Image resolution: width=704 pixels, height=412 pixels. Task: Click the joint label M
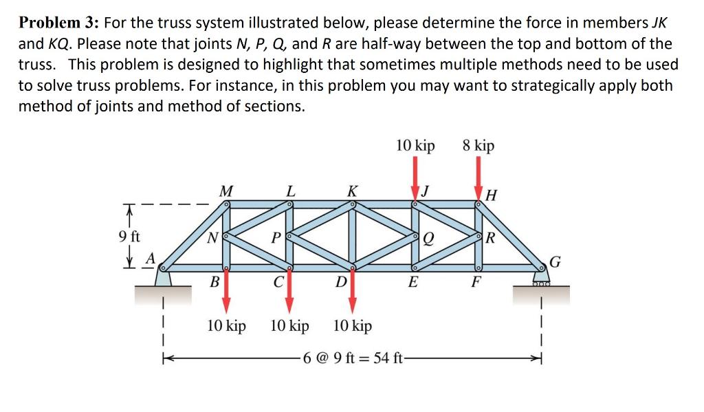(224, 190)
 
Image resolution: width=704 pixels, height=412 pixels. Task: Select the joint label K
(352, 190)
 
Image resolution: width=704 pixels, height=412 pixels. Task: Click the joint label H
(491, 195)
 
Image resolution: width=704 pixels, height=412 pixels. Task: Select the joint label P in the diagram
(276, 240)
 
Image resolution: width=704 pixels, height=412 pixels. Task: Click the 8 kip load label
(478, 146)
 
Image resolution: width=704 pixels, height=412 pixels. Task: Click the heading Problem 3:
(57, 23)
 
